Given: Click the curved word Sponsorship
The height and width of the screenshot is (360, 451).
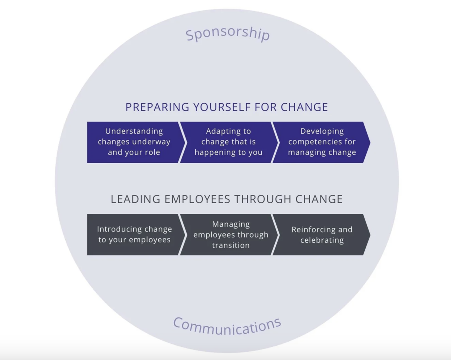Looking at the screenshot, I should point(227,33).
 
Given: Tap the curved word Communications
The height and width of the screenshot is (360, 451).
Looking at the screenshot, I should point(227,325).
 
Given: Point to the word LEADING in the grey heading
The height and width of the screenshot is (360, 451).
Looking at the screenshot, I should point(135,199).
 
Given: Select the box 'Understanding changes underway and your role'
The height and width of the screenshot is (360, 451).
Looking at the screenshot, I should point(134,142).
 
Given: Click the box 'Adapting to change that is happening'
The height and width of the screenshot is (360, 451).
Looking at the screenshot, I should point(228,142).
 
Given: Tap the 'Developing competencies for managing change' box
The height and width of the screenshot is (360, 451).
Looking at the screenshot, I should point(322,142).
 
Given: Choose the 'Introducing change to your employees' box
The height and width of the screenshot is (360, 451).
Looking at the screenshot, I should point(134,235).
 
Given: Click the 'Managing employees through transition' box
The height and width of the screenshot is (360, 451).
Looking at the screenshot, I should point(230,235).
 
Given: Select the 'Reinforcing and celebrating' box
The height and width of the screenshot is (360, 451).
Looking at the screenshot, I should point(322,235).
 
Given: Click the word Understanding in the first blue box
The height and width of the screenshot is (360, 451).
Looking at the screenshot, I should point(134,131).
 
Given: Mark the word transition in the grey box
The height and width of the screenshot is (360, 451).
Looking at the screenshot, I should point(231,245).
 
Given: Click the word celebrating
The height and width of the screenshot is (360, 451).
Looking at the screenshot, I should point(322,240).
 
